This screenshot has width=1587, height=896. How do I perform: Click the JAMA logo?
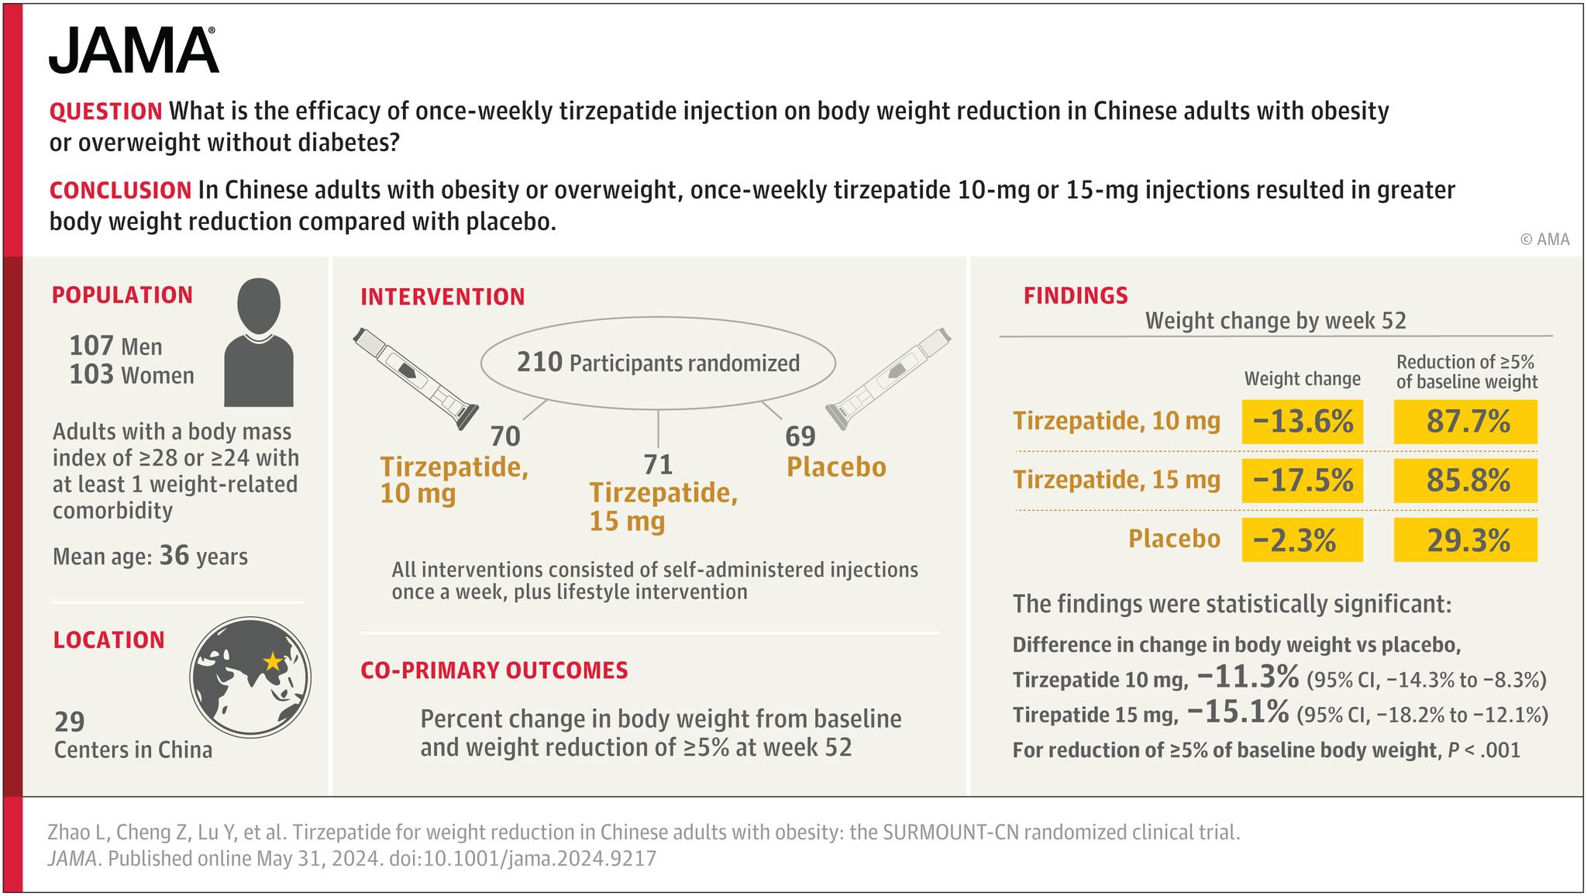[x=133, y=50]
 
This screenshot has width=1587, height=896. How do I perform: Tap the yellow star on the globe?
[x=273, y=661]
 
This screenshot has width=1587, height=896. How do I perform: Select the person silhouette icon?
[x=259, y=343]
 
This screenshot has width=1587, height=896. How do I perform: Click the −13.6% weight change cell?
[x=1302, y=422]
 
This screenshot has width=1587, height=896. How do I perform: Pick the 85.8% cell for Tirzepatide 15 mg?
[x=1465, y=481]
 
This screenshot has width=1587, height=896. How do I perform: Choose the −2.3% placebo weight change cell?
[x=1302, y=539]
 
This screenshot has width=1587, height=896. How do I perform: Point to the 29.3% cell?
[x=1465, y=539]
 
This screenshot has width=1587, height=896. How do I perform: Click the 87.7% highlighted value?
[x=1465, y=422]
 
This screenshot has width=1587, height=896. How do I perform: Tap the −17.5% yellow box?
[x=1302, y=481]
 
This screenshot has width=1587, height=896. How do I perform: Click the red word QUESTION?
[x=106, y=112]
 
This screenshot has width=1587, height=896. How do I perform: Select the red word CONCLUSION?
[x=120, y=190]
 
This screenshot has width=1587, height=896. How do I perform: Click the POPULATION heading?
[x=122, y=295]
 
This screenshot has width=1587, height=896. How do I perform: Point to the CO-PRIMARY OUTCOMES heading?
[x=494, y=670]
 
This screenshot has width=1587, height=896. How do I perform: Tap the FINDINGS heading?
[x=1076, y=295]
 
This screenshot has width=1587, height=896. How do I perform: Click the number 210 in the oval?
[x=539, y=362]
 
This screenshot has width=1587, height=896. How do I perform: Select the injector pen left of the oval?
[x=415, y=377]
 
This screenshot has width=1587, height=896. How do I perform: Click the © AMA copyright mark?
[x=1544, y=240]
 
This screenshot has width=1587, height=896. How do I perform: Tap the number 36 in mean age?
[x=174, y=555]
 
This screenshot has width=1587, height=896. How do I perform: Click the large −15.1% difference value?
[x=1238, y=711]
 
